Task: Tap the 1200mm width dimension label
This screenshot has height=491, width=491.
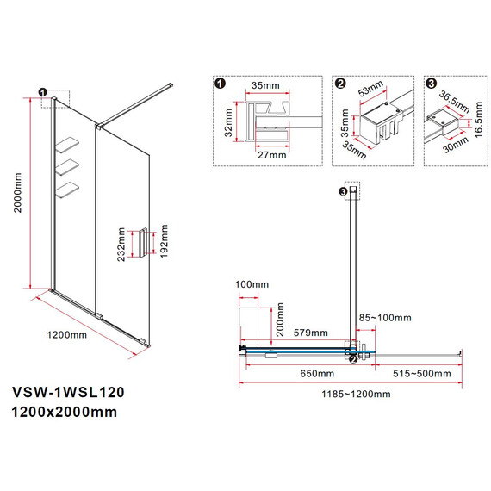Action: pos(66,334)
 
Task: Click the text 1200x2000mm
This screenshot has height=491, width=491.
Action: pos(65,412)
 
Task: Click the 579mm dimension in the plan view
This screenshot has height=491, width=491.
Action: pos(310,333)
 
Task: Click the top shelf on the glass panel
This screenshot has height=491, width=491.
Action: pos(70,144)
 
